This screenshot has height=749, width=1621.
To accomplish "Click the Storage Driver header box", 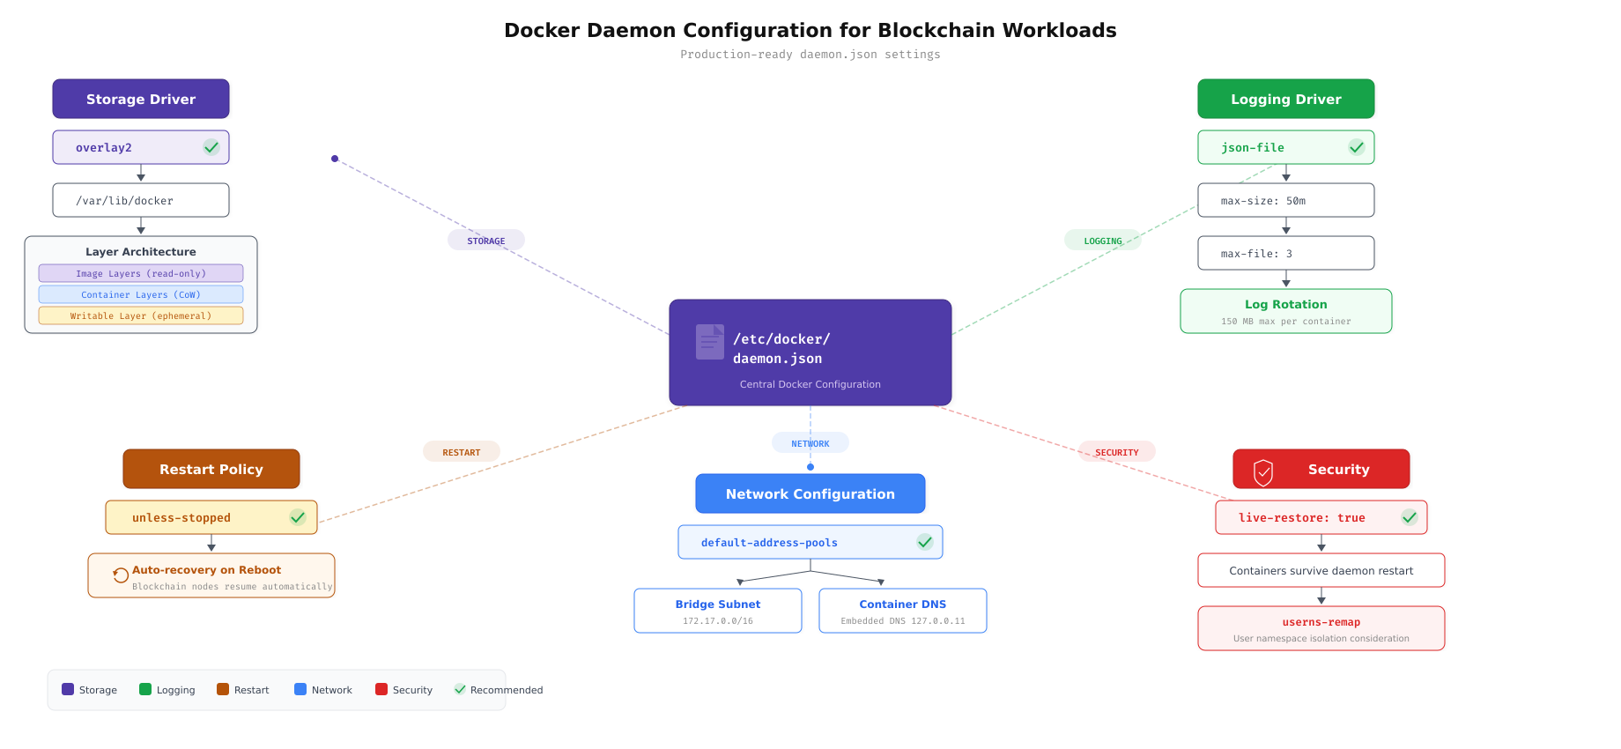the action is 141,99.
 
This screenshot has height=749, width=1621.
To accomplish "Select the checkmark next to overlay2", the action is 211,147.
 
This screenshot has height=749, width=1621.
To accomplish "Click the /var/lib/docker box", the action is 141,200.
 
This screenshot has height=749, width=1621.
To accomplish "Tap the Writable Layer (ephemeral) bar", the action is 141,315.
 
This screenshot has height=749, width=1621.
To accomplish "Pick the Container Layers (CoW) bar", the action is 141,294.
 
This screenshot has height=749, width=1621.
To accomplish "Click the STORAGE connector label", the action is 486,240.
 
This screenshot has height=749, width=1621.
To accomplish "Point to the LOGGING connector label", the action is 1102,241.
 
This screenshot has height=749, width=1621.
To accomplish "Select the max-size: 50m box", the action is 1285,200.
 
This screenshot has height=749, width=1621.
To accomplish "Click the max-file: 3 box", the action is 1285,253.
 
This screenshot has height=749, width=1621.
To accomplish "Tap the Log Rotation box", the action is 1285,311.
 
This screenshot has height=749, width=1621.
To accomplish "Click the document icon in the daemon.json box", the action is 709,342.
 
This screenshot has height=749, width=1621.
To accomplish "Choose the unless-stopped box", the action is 211,517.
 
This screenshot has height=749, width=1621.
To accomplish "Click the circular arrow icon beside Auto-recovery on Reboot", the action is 121,575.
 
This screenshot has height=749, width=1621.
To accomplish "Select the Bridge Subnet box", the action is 717,611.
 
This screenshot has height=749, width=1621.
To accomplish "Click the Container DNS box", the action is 902,611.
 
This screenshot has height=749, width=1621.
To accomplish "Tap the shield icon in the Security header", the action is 1263,471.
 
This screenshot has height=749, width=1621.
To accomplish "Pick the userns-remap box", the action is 1321,628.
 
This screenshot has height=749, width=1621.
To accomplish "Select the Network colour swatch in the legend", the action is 300,689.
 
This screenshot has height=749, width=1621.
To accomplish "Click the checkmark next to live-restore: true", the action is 1410,517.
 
